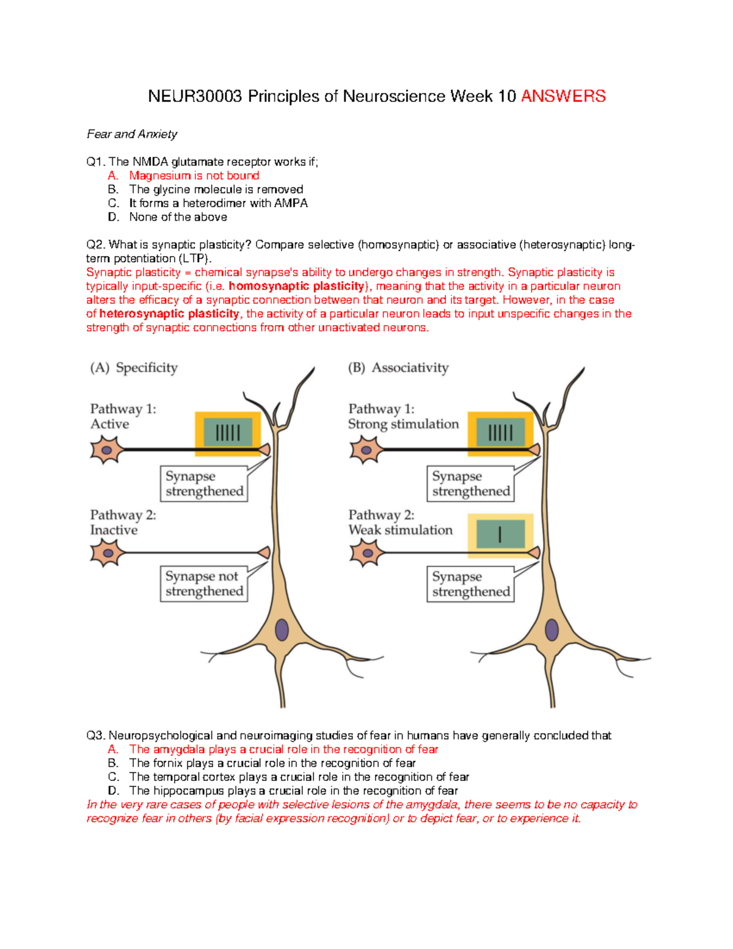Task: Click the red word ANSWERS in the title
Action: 563,97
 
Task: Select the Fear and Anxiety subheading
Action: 132,134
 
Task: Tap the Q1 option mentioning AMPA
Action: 218,203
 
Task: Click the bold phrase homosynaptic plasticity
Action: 297,287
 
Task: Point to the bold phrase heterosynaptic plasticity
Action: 169,314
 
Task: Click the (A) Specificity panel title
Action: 134,368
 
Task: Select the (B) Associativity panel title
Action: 398,368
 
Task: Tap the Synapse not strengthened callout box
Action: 204,584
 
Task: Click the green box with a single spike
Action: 500,535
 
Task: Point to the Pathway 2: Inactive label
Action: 123,522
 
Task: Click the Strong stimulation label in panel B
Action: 403,424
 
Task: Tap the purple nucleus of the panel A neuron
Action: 282,630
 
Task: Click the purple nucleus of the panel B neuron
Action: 552,630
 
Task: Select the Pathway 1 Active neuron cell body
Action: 106,450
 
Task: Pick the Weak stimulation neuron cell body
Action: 366,554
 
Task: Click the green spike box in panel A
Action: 228,433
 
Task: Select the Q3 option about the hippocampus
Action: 293,791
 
